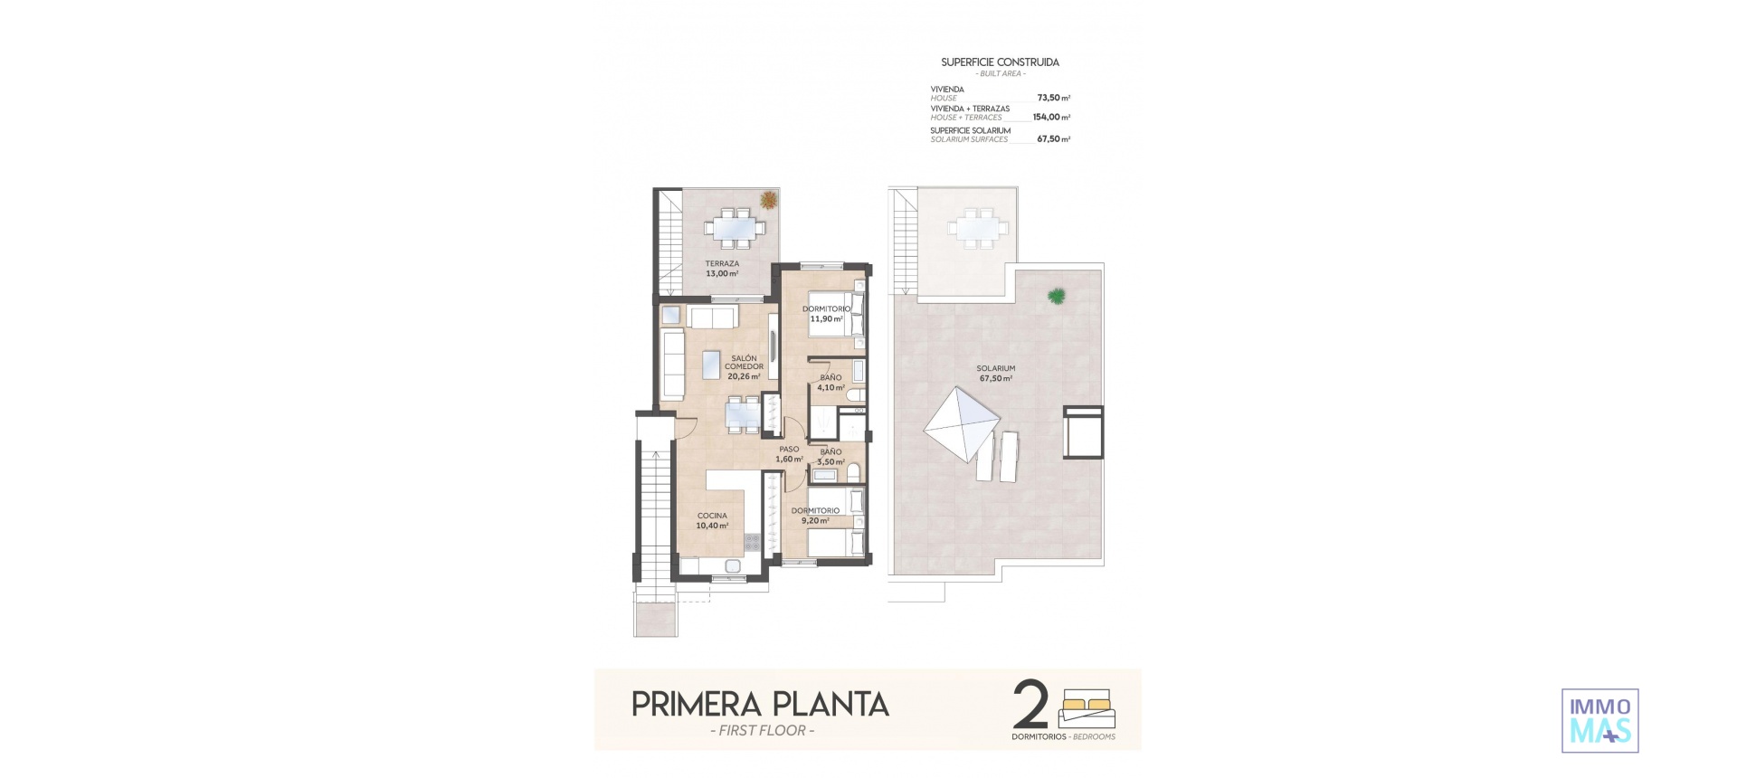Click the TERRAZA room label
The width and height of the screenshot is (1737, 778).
click(722, 263)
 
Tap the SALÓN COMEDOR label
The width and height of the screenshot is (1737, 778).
click(744, 363)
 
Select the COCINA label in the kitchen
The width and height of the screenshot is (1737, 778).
click(712, 516)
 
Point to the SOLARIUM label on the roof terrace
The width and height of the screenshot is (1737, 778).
click(995, 368)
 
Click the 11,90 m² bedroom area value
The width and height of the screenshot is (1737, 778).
click(826, 318)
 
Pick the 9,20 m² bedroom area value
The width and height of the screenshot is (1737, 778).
click(815, 520)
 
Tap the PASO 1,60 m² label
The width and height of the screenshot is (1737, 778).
click(789, 454)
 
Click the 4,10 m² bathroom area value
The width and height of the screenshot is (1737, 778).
click(830, 387)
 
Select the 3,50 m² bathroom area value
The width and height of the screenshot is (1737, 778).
click(830, 461)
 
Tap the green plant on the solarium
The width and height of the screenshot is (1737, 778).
click(1056, 295)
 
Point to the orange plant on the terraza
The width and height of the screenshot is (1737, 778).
click(768, 200)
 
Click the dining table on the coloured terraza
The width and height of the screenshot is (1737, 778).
click(731, 227)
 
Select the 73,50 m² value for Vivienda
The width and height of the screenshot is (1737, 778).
click(1053, 98)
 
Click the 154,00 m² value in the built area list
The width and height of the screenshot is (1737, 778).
click(1050, 117)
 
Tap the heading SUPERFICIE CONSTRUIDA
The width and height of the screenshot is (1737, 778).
click(1000, 62)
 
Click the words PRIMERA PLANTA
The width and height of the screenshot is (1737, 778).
click(760, 705)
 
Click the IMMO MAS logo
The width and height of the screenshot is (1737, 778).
click(1599, 720)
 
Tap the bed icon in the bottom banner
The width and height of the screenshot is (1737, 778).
click(1087, 708)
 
